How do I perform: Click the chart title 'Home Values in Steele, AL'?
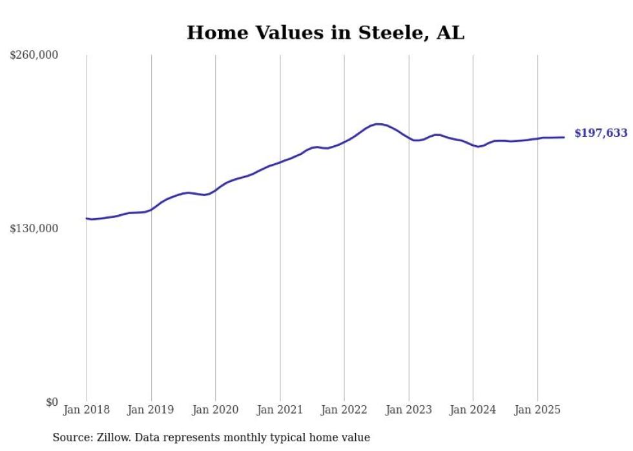pyautogui.click(x=325, y=33)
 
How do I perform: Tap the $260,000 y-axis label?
pyautogui.click(x=34, y=55)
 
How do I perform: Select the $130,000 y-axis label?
pyautogui.click(x=34, y=228)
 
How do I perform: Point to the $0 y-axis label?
pyautogui.click(x=52, y=402)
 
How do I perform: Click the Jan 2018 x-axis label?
pyautogui.click(x=87, y=410)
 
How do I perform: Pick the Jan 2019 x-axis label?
pyautogui.click(x=151, y=410)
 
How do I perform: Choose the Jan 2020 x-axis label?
pyautogui.click(x=215, y=410)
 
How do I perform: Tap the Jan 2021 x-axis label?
pyautogui.click(x=280, y=410)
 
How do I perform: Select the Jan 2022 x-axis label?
pyautogui.click(x=344, y=410)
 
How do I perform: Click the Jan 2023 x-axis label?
pyautogui.click(x=408, y=410)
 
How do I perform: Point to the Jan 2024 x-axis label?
pyautogui.click(x=473, y=410)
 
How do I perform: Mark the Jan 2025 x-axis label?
pyautogui.click(x=537, y=410)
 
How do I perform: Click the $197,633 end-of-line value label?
pyautogui.click(x=601, y=133)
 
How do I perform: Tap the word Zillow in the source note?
pyautogui.click(x=114, y=437)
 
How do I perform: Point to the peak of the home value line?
pyautogui.click(x=377, y=124)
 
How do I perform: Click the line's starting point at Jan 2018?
pyautogui.click(x=87, y=219)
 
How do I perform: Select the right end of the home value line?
pyautogui.click(x=565, y=137)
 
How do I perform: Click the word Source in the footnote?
pyautogui.click(x=72, y=437)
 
